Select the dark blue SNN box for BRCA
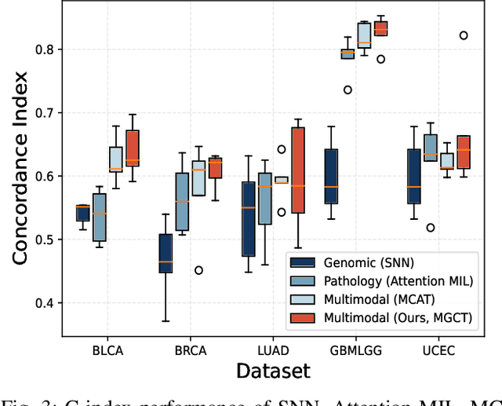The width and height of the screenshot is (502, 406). (165, 253)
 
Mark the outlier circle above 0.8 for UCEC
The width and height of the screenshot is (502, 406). (464, 35)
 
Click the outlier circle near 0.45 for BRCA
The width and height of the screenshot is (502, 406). (198, 270)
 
